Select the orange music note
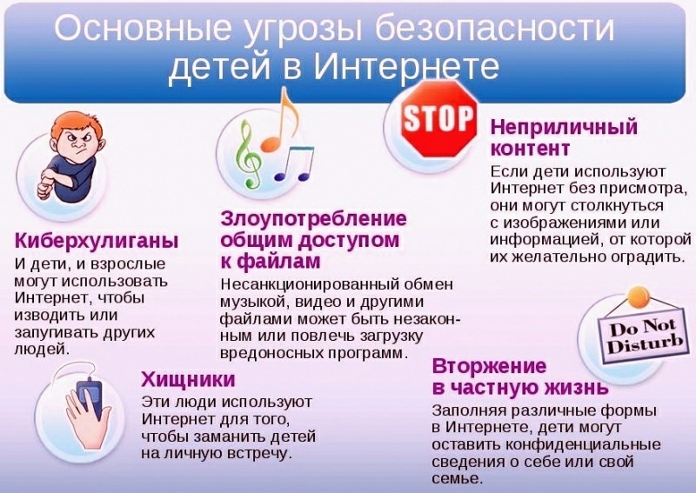(x=278, y=120)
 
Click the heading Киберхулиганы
(x=97, y=241)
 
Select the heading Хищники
(x=188, y=380)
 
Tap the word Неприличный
(x=564, y=127)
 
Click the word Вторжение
(x=490, y=367)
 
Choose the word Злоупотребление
(x=314, y=219)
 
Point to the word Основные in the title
(x=143, y=28)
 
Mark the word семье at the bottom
(x=457, y=479)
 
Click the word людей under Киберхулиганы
(x=42, y=350)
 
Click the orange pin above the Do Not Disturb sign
(x=638, y=295)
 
